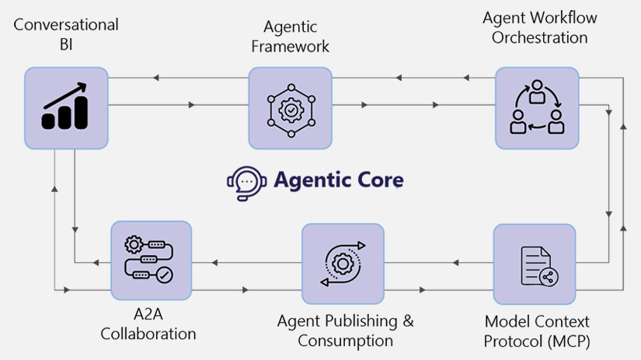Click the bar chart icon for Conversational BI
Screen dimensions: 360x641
click(x=65, y=108)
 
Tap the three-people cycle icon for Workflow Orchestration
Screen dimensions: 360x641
click(x=537, y=108)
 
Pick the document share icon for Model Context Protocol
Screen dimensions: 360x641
click(x=535, y=264)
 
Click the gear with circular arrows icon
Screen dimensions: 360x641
click(x=343, y=264)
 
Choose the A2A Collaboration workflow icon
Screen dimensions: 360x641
click(x=151, y=260)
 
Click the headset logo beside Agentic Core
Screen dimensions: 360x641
click(x=243, y=181)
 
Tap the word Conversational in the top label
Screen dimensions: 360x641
click(x=65, y=24)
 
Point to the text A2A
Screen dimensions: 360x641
click(x=151, y=316)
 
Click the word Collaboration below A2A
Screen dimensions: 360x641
click(x=151, y=334)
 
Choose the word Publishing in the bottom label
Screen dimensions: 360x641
click(x=366, y=321)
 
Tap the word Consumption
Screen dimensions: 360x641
click(x=345, y=341)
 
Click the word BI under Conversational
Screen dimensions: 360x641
click(x=65, y=44)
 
